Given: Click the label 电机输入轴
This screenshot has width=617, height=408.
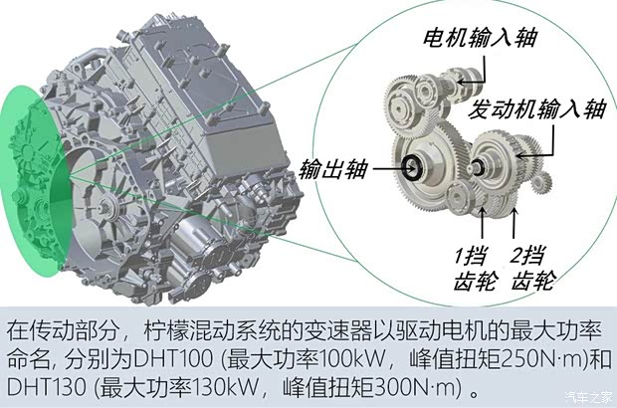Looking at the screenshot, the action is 480,38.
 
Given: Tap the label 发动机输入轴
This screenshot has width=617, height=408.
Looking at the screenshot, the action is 536,108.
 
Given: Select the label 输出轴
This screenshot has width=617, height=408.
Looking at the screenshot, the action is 333,169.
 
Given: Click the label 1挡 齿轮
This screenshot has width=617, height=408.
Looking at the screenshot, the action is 475,269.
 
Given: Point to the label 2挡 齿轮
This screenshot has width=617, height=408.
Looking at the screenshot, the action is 532,269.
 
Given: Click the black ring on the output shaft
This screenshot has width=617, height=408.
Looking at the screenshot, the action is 413,168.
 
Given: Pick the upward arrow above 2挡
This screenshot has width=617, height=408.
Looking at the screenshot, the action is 514,223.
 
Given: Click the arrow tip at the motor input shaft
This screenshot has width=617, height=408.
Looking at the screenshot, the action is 458,83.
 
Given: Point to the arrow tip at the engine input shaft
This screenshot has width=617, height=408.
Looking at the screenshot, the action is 517,156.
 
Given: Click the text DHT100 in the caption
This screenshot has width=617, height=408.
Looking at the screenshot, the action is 173,358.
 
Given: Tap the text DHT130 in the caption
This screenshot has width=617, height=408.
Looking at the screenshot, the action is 47,387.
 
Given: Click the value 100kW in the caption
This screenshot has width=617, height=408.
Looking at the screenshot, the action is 351,358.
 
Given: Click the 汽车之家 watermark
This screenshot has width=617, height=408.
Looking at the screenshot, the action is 589,397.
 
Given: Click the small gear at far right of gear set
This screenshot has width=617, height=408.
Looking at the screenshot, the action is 541,184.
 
